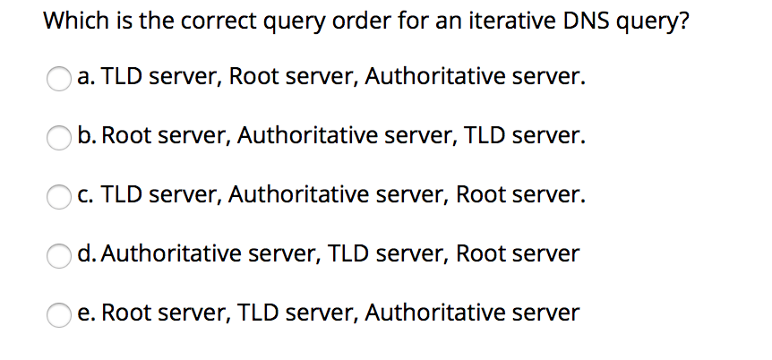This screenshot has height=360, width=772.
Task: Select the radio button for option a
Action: (x=59, y=79)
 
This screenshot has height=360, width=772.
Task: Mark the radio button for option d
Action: (x=59, y=255)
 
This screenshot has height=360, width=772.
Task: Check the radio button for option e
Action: (x=59, y=314)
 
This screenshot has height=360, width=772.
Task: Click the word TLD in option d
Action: (x=350, y=253)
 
